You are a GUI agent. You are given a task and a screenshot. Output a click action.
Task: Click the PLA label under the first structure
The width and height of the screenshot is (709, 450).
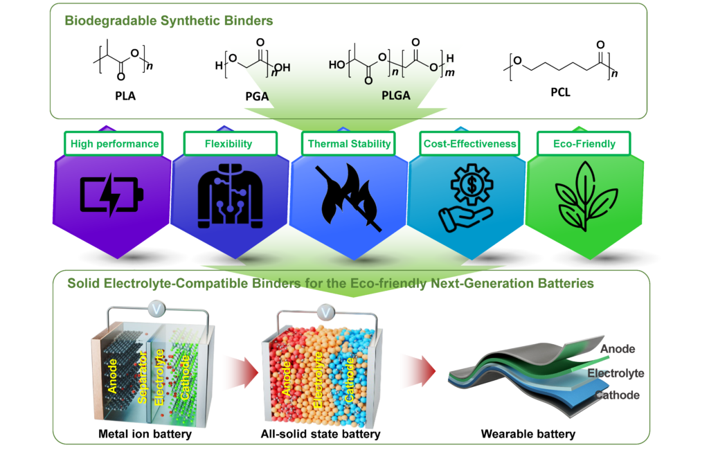[x=125, y=96]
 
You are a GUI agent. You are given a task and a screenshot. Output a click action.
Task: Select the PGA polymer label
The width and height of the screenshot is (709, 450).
[x=257, y=96]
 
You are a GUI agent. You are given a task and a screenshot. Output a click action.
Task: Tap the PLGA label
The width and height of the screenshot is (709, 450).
[x=396, y=96]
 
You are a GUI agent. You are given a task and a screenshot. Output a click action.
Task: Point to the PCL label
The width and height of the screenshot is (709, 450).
[x=561, y=92]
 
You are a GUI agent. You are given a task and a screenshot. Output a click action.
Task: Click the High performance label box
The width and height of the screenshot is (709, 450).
[x=114, y=144]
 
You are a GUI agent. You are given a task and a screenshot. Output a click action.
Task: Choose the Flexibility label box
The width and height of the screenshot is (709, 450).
[x=230, y=144]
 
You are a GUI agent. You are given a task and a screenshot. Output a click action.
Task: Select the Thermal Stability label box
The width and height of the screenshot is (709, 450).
[x=349, y=144]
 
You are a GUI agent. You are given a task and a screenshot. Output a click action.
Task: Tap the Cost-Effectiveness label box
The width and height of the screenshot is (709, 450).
[x=469, y=144]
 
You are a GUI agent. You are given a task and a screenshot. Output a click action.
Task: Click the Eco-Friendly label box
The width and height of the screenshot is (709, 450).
[x=584, y=144]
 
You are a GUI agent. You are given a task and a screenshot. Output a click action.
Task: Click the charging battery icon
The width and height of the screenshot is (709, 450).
[x=111, y=195]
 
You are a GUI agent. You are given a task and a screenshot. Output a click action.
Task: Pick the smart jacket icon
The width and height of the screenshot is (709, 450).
[x=230, y=196]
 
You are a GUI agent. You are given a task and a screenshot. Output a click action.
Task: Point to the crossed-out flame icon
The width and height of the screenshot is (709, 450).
[x=348, y=197]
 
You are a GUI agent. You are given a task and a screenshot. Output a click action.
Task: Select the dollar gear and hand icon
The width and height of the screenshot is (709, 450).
[x=467, y=197]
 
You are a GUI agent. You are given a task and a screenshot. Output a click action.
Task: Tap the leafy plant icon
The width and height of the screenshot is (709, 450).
[x=586, y=197]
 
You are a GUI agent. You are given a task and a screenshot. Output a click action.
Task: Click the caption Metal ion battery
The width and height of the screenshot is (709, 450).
[x=145, y=434]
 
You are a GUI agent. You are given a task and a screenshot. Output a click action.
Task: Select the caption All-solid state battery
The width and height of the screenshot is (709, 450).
[x=321, y=434]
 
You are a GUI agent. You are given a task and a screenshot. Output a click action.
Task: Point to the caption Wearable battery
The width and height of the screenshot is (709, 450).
[x=528, y=434]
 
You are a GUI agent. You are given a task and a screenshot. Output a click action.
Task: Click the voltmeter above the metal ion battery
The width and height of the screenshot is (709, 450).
[x=156, y=309]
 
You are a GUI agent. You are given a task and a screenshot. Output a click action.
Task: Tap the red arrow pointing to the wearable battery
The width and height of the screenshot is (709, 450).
[x=419, y=371]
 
